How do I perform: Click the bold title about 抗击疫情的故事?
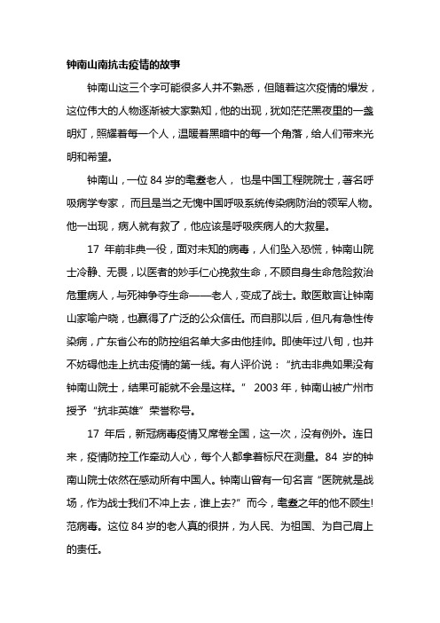click(123, 64)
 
